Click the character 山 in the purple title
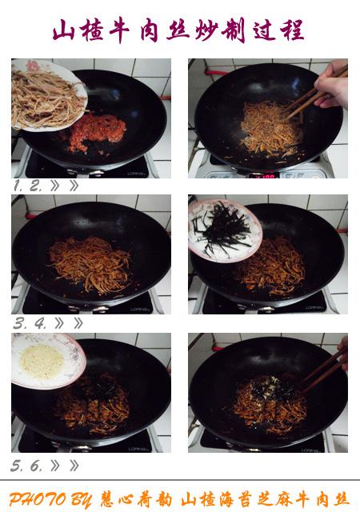(63, 30)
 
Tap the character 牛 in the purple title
(119, 30)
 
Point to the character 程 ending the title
(292, 30)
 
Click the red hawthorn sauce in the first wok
(98, 132)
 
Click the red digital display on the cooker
(264, 175)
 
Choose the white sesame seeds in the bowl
(42, 362)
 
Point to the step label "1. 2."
(28, 186)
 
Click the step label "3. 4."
(30, 323)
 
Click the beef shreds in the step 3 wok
(90, 265)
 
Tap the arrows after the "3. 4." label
(69, 323)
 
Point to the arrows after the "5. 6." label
(65, 466)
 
